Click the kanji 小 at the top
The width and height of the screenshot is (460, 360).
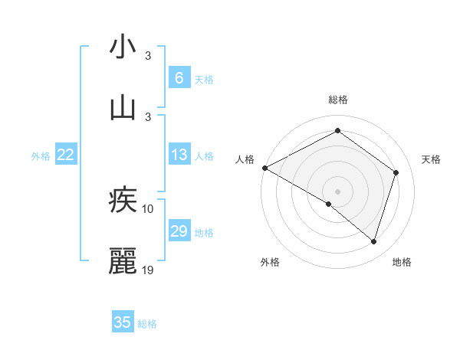pyautogui.click(x=123, y=47)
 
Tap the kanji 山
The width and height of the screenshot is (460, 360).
pyautogui.click(x=123, y=107)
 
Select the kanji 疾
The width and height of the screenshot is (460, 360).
pyautogui.click(x=123, y=200)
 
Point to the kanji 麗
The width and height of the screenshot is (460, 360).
pyautogui.click(x=123, y=261)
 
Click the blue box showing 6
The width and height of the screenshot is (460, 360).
pyautogui.click(x=179, y=77)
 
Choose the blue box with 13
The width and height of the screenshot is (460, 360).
pyautogui.click(x=179, y=155)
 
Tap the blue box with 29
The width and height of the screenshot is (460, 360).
pyautogui.click(x=179, y=231)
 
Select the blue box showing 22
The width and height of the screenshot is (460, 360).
pyautogui.click(x=66, y=155)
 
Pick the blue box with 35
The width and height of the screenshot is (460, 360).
pyautogui.click(x=123, y=322)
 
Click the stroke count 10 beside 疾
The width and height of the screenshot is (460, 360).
pyautogui.click(x=148, y=208)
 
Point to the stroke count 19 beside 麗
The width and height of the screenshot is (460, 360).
pyautogui.click(x=148, y=270)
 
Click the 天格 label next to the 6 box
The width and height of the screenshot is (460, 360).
pyautogui.click(x=204, y=79)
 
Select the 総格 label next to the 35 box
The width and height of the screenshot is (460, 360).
pyautogui.click(x=147, y=324)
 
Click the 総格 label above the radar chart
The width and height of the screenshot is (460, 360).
pyautogui.click(x=337, y=100)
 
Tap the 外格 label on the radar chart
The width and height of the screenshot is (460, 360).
pyautogui.click(x=270, y=262)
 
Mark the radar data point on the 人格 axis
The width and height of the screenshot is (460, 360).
pyautogui.click(x=264, y=168)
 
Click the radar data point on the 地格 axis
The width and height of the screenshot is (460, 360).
pyautogui.click(x=373, y=241)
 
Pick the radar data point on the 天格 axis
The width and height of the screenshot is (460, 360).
pyautogui.click(x=396, y=172)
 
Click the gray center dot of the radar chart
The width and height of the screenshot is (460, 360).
pyautogui.click(x=337, y=191)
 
